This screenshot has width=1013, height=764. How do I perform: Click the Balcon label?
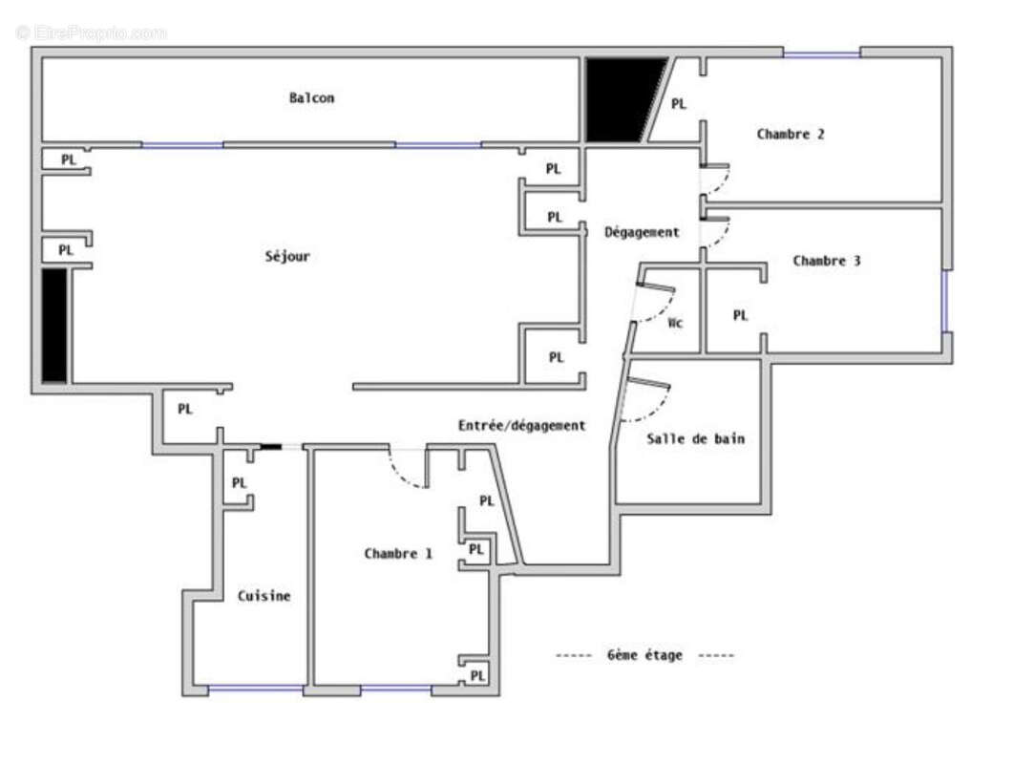point(311,97)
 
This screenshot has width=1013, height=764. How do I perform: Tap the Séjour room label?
point(287,256)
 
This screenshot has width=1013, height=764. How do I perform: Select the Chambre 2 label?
point(791,134)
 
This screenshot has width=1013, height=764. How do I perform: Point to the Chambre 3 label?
point(827,260)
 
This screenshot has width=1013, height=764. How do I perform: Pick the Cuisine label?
point(264,596)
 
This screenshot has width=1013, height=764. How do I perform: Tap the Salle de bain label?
point(695,439)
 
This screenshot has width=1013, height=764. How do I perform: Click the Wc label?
point(675,323)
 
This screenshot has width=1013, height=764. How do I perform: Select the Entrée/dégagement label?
point(521,426)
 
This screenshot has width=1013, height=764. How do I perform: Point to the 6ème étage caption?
point(644,655)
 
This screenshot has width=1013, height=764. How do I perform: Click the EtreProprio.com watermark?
point(92,32)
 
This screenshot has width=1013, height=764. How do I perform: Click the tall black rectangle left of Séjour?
point(54,325)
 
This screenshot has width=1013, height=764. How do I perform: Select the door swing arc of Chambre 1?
point(408,473)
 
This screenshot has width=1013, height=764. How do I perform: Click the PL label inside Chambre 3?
point(740,315)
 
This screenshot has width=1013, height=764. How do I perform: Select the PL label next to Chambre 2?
point(679,104)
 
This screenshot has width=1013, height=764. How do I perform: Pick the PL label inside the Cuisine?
point(240,483)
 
